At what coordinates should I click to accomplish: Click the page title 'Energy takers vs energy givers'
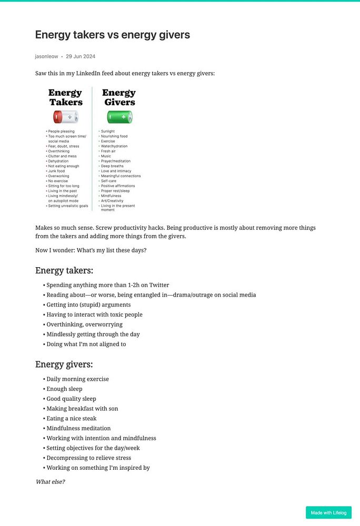pos(112,35)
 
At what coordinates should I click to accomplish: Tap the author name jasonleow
pos(46,56)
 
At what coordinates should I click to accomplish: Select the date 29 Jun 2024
pos(81,56)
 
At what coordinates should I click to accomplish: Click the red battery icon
pos(65,116)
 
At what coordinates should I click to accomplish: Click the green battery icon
pos(119,116)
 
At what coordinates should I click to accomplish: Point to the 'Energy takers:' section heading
pos(64,270)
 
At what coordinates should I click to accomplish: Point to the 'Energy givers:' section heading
pos(64,364)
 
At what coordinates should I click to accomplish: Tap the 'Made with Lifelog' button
pos(328,512)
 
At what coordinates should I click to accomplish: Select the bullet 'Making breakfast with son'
pos(82,409)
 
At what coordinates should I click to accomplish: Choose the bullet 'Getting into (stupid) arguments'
pos(88,305)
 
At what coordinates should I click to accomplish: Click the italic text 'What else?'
pos(50,481)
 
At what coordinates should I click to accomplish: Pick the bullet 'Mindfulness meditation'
pos(78,428)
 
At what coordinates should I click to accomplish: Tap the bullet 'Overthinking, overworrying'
pos(84,325)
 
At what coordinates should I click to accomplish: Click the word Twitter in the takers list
pos(159,285)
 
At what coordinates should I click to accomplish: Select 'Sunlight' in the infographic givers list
pos(108,131)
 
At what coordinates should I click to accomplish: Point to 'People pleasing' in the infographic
pos(61,131)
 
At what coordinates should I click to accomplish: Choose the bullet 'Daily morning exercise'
pos(77,379)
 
